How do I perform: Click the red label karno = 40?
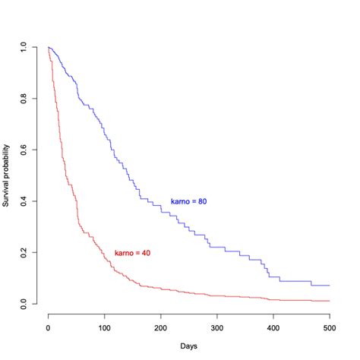pos(132,252)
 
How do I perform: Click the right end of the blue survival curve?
pos(330,286)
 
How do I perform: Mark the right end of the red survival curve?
pos(330,301)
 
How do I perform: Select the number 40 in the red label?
pos(145,252)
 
